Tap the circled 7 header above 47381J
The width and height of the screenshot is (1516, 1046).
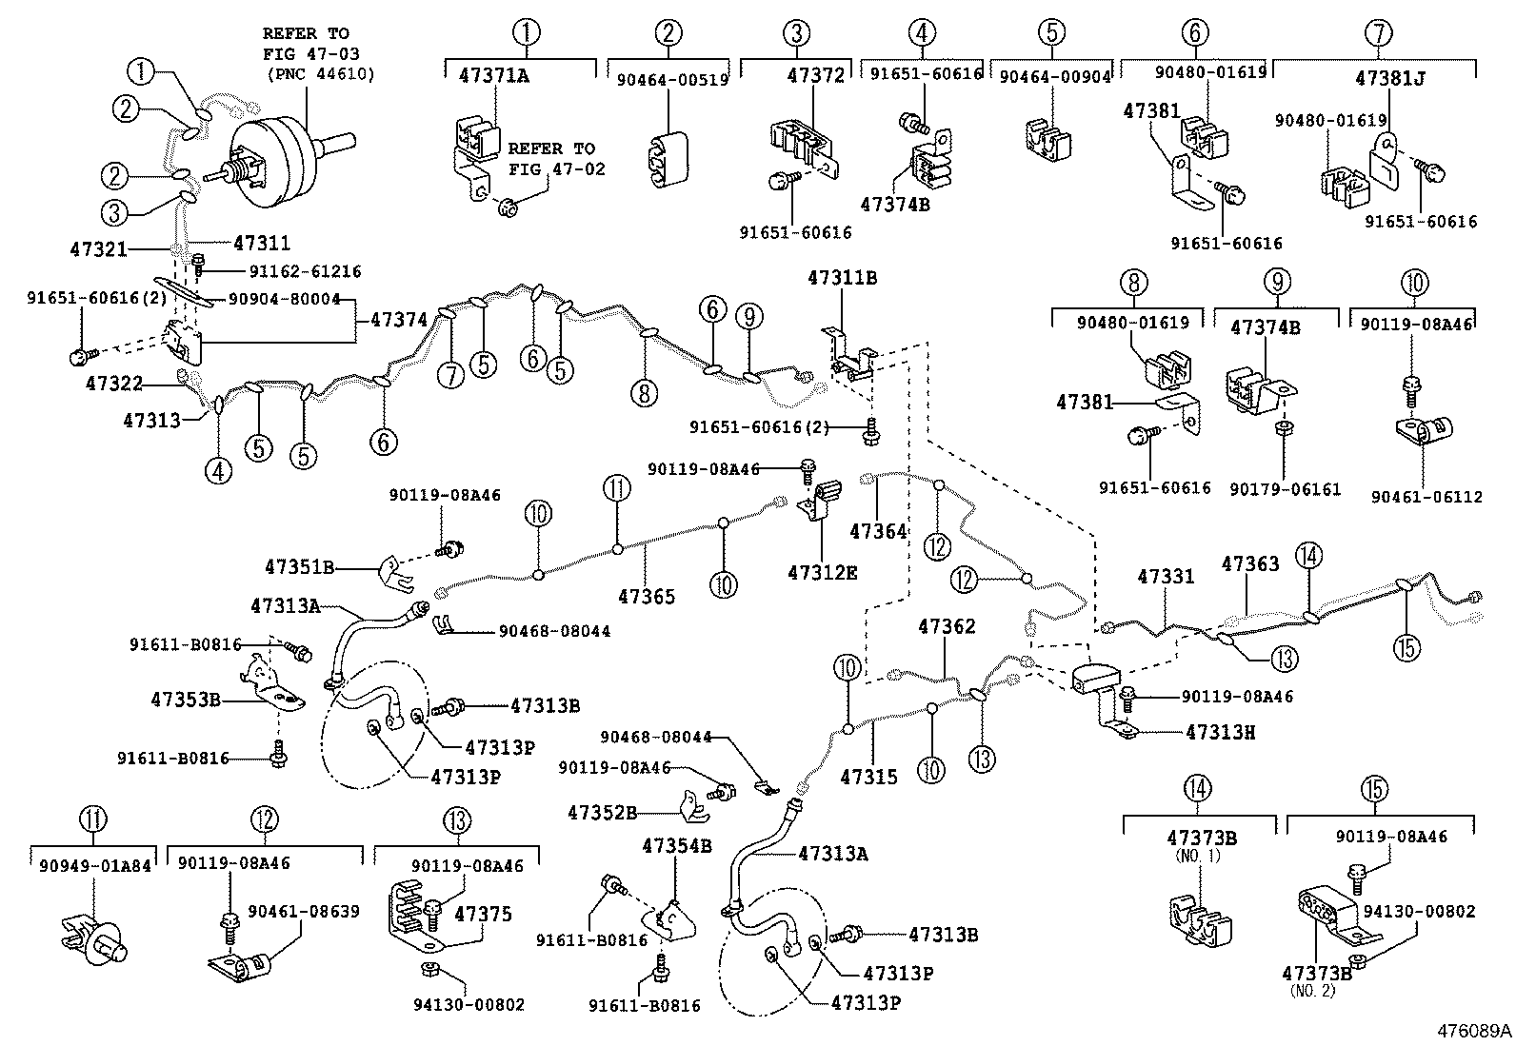(x=1378, y=34)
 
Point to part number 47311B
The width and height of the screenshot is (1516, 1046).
(x=842, y=279)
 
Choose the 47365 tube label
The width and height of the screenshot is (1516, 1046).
(x=647, y=597)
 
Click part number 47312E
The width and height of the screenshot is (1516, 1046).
(x=822, y=572)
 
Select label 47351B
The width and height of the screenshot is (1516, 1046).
(x=299, y=568)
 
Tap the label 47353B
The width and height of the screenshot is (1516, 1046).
(x=186, y=701)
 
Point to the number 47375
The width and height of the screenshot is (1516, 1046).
(x=483, y=915)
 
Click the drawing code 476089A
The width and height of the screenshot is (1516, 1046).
(x=1474, y=1032)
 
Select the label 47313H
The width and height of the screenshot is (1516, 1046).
(x=1221, y=732)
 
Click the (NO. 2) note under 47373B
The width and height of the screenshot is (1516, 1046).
(x=1314, y=991)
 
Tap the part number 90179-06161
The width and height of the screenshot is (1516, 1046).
(x=1285, y=489)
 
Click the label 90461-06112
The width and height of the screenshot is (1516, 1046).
(x=1426, y=497)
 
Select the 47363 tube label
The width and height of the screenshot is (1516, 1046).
(x=1250, y=564)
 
